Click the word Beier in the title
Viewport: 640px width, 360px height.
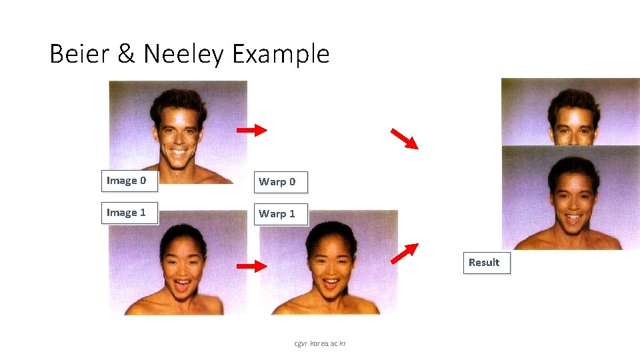[79, 54]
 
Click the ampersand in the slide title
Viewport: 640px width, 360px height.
[126, 54]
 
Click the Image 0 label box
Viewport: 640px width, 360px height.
[129, 181]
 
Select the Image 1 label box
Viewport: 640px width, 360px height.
[129, 213]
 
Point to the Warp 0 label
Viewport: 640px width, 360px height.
[280, 181]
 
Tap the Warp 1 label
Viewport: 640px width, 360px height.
[280, 214]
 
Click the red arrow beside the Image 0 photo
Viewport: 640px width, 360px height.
[251, 130]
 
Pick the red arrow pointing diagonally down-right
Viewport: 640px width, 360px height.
[404, 138]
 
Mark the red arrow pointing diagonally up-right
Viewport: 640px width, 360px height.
[404, 254]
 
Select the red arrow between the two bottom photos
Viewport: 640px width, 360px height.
[251, 267]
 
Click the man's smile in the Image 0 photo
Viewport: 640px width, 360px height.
[179, 153]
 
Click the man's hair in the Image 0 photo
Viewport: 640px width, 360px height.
[175, 100]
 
